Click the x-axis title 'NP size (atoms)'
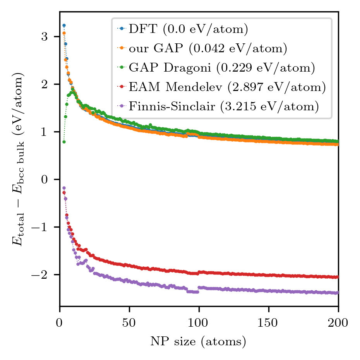[199, 341]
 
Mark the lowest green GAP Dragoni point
[64, 142]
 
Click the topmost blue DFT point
[64, 26]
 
